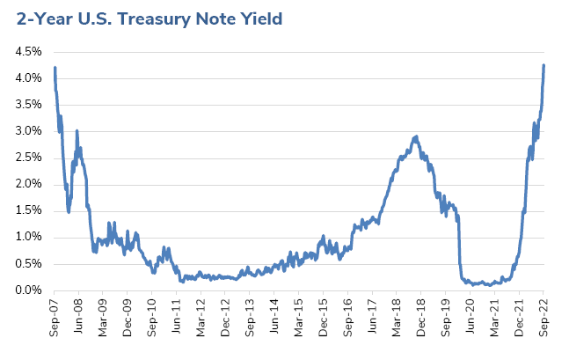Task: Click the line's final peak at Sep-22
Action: [543, 65]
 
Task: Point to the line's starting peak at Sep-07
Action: [55, 68]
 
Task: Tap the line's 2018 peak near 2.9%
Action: [415, 136]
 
